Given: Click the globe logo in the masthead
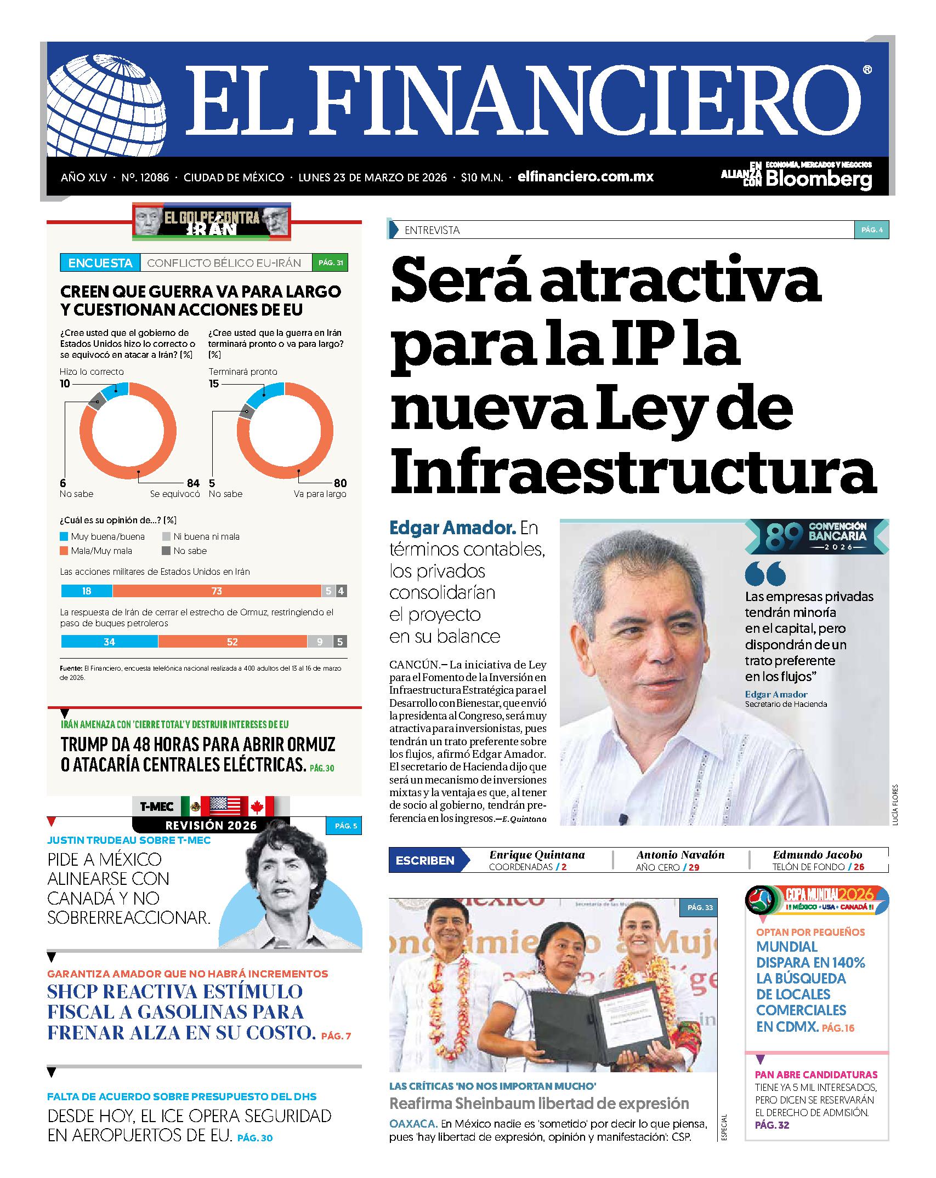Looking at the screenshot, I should coord(104,106).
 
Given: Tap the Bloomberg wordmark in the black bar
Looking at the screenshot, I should coord(818,179).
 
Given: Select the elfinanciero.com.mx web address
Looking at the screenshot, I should coord(585,177).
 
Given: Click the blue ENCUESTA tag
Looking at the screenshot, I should coord(100,263).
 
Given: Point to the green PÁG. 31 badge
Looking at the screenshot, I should coord(330,263).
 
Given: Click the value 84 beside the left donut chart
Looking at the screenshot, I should coord(192,483).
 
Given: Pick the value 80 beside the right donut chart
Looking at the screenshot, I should coord(340,483).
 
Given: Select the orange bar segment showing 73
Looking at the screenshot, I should coord(217,591).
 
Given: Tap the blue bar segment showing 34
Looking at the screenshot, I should coord(110,642).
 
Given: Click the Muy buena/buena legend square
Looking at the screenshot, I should coord(64,537).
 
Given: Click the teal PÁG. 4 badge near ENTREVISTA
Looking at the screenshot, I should coord(871,230).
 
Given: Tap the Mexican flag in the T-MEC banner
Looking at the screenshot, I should coord(191,806).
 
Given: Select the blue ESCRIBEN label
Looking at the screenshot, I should coord(425,860).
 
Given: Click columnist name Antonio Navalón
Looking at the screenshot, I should coord(680,855).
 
